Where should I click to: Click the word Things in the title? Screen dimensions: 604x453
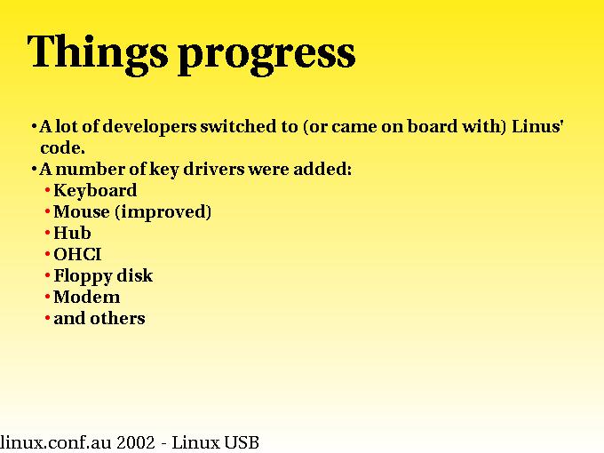(98, 52)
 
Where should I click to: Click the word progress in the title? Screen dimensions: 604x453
(266, 55)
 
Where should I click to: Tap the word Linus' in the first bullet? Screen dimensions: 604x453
(537, 126)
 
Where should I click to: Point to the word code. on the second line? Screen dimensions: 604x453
(62, 148)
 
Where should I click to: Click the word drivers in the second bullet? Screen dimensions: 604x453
(214, 169)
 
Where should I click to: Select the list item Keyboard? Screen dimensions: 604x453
(95, 190)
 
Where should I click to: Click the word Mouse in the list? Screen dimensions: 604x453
(82, 212)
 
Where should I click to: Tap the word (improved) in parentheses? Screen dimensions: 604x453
(163, 212)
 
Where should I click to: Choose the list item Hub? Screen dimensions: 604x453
(72, 233)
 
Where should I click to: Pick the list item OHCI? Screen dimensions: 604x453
(77, 255)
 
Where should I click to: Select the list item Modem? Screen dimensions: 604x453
(87, 297)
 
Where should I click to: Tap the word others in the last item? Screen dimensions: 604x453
(117, 318)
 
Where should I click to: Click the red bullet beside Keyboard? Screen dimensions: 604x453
(47, 190)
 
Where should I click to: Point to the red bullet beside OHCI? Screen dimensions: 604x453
(47, 254)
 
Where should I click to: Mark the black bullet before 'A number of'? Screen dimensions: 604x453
(35, 169)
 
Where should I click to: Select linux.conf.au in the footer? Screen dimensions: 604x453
(55, 442)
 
